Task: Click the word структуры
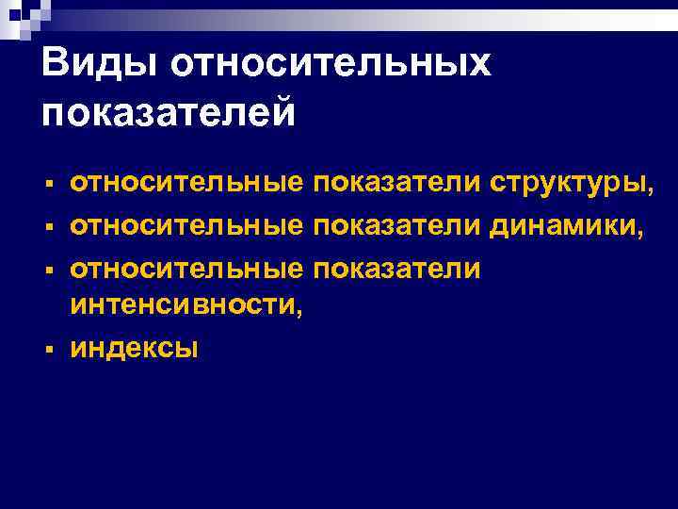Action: (567, 183)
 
